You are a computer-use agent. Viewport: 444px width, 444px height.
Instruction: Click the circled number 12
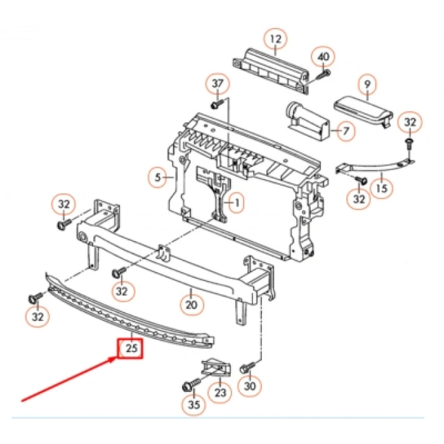(275, 39)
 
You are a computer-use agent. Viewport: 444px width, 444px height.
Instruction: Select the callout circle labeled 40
(323, 57)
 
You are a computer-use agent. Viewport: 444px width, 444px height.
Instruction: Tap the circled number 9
(365, 83)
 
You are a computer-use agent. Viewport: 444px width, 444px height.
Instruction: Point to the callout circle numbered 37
(218, 83)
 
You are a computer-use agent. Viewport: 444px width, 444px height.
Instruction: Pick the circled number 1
(235, 204)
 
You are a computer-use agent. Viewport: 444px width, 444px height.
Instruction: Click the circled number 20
(192, 304)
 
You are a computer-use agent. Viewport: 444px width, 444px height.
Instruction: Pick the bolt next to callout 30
(248, 367)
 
